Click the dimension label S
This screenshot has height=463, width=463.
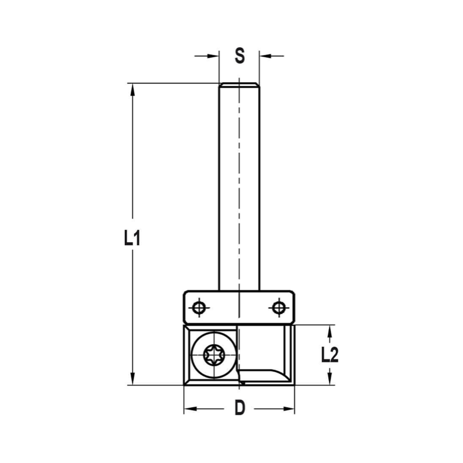point(239,56)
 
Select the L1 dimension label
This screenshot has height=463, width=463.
point(132,238)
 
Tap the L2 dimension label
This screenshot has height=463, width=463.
point(330,355)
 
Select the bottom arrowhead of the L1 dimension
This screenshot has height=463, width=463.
point(133,378)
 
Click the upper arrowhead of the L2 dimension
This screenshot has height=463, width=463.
point(330,331)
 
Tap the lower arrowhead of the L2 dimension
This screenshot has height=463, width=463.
point(330,379)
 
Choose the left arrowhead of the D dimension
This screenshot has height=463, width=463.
point(190,409)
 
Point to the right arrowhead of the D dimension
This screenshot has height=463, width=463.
point(289,409)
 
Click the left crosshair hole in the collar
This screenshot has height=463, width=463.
point(200,307)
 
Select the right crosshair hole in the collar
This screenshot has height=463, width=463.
point(278,307)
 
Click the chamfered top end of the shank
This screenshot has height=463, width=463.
point(239,85)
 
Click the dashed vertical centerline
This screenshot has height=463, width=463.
point(239,208)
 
